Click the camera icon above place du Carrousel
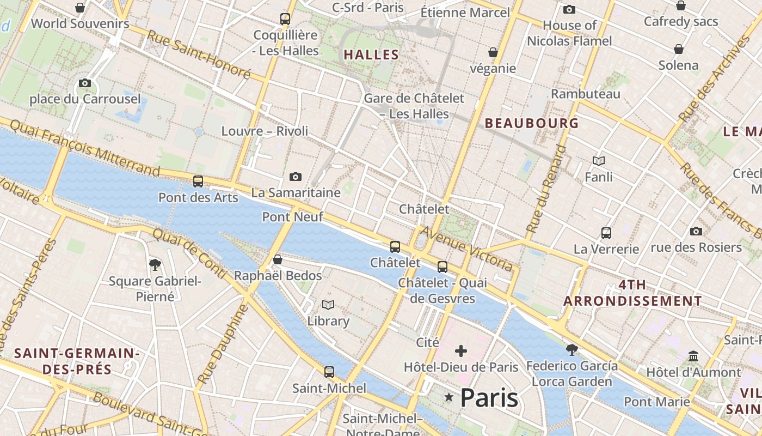[x=84, y=83]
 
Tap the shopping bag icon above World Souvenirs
[x=80, y=8]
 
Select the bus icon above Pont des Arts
[x=198, y=181]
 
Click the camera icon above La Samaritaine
[x=296, y=177]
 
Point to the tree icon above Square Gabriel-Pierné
[x=155, y=265]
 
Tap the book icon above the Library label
[x=328, y=305]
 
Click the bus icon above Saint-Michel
[x=329, y=372]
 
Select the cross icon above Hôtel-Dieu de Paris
[x=461, y=350]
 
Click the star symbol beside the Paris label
[x=449, y=398]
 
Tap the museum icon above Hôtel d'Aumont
[x=693, y=356]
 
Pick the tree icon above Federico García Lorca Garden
[x=571, y=349]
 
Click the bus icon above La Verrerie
[x=606, y=233]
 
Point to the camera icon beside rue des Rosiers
[x=696, y=232]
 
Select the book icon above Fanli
[x=599, y=161]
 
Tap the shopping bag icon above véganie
[x=493, y=52]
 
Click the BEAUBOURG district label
[x=532, y=123]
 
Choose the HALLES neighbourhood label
[x=372, y=55]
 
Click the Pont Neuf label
[x=293, y=217]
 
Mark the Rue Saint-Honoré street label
[x=199, y=55]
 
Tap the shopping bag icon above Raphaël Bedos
[x=278, y=259]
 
